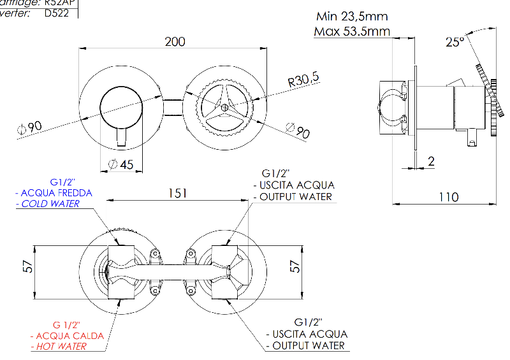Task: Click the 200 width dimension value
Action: (175, 42)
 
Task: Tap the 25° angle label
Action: (455, 42)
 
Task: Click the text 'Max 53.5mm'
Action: (352, 31)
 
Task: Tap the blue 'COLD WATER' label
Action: (50, 204)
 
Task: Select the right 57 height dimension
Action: (295, 266)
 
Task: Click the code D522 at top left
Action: (58, 13)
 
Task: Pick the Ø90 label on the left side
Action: (29, 127)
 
